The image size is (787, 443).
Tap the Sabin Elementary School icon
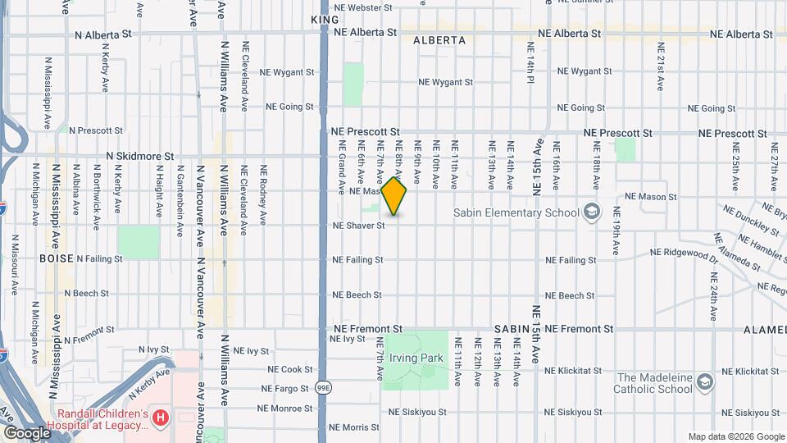click(590, 212)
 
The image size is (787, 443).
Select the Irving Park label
click(416, 359)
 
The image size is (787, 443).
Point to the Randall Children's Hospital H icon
click(161, 418)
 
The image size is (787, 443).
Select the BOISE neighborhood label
click(56, 258)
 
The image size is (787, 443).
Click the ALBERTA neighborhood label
click(439, 40)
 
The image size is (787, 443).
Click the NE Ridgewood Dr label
click(684, 253)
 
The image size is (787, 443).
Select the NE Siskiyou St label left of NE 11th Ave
click(416, 412)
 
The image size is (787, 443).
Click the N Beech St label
click(85, 294)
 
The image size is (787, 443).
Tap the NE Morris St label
click(354, 427)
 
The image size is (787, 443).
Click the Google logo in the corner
click(26, 432)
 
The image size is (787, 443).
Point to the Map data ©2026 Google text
click(735, 437)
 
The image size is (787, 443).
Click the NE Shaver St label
click(358, 226)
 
